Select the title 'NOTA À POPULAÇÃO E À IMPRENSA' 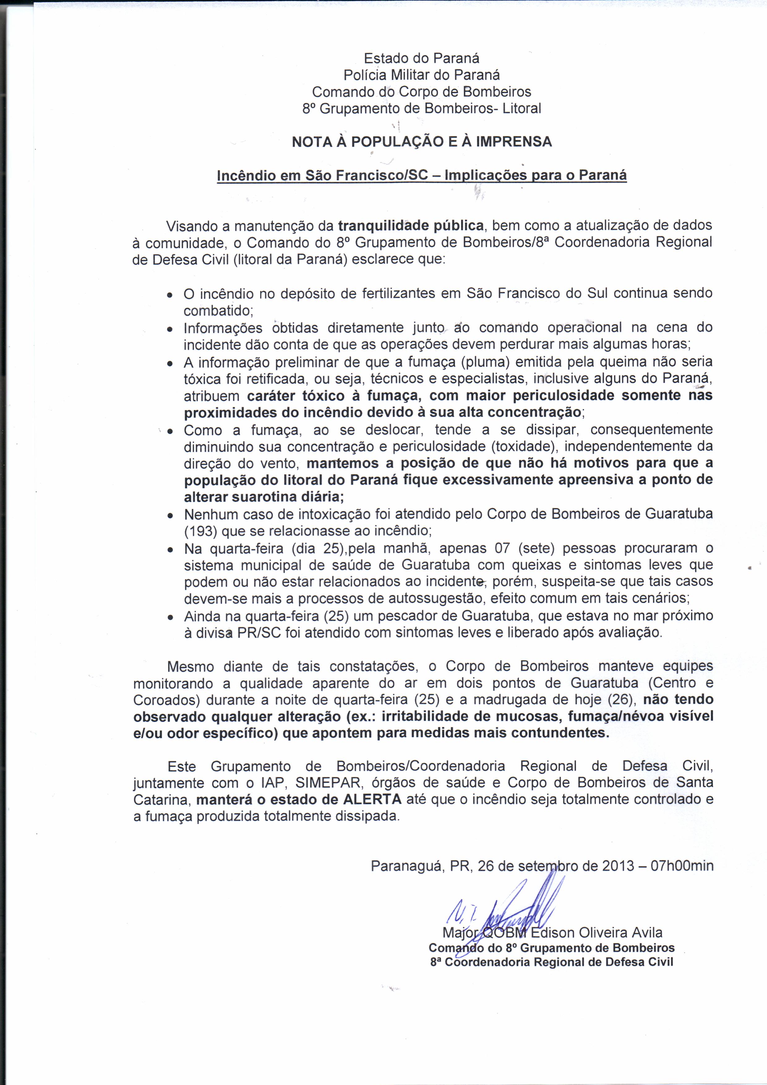pyautogui.click(x=422, y=142)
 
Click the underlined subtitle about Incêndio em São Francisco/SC pyautogui.click(x=422, y=175)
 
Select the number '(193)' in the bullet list pyautogui.click(x=201, y=531)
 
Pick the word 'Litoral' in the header pyautogui.click(x=522, y=109)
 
